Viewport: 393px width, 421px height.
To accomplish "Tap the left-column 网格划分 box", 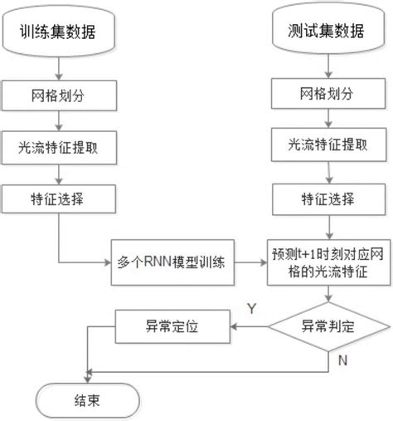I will (56, 95).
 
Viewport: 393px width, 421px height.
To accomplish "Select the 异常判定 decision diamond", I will (330, 327).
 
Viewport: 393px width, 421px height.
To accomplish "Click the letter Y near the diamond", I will (251, 310).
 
